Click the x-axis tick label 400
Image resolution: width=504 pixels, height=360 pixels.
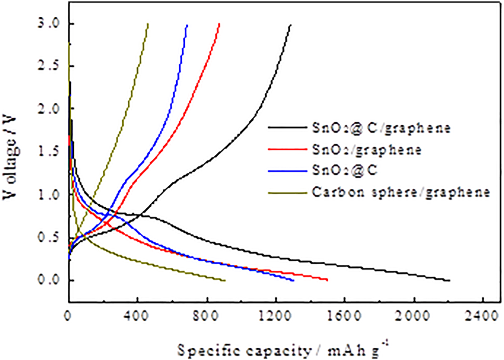[x=137, y=316]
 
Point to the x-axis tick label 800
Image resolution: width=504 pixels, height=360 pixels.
[x=207, y=316]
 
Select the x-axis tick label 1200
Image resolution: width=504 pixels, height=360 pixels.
[x=275, y=316]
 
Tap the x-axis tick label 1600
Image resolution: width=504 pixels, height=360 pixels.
[x=344, y=316]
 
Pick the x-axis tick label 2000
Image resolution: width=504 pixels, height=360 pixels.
[x=413, y=316]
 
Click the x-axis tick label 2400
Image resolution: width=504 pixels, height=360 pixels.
[x=482, y=316]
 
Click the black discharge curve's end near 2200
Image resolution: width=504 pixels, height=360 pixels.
[x=450, y=280]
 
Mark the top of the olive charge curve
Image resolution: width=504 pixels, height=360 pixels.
[x=148, y=24]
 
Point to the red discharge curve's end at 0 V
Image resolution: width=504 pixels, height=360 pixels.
[x=327, y=280]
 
